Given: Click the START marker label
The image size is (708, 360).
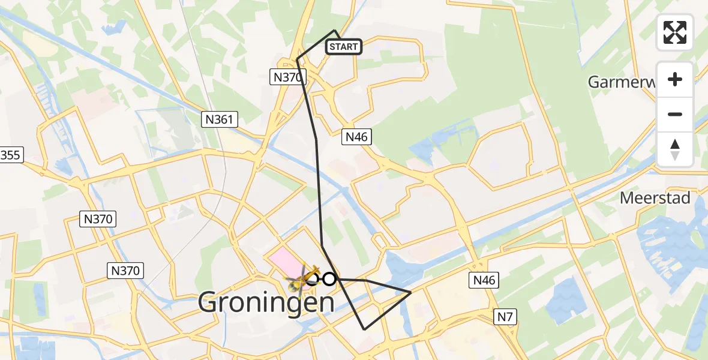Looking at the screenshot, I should pyautogui.click(x=344, y=46).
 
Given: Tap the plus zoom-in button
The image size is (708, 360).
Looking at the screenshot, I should pyautogui.click(x=675, y=80).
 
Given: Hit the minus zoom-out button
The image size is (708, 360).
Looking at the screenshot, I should pyautogui.click(x=675, y=114).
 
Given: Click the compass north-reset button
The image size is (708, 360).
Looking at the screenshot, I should pyautogui.click(x=675, y=149).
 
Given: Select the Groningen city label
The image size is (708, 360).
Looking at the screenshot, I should pyautogui.click(x=266, y=302).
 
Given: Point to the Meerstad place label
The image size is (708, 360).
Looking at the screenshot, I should pyautogui.click(x=655, y=197).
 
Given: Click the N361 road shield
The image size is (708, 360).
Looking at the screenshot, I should pyautogui.click(x=219, y=119).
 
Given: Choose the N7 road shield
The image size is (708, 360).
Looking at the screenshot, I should pyautogui.click(x=504, y=316).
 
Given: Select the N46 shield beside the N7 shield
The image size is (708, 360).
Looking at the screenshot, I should pyautogui.click(x=484, y=279).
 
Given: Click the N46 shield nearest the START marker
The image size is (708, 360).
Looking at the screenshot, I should pyautogui.click(x=356, y=137).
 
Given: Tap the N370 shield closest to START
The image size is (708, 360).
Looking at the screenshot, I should pyautogui.click(x=287, y=76).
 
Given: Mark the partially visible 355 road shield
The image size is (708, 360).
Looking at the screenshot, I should pyautogui.click(x=10, y=155).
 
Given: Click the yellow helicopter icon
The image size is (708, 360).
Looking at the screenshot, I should pyautogui.click(x=303, y=278).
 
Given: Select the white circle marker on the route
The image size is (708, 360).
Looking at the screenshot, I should pyautogui.click(x=329, y=279).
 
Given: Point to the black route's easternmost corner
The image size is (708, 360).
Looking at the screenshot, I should pyautogui.click(x=411, y=292).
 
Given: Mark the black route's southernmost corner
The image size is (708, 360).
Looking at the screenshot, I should pyautogui.click(x=364, y=329).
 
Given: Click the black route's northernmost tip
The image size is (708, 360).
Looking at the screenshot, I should pyautogui.click(x=335, y=30).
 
